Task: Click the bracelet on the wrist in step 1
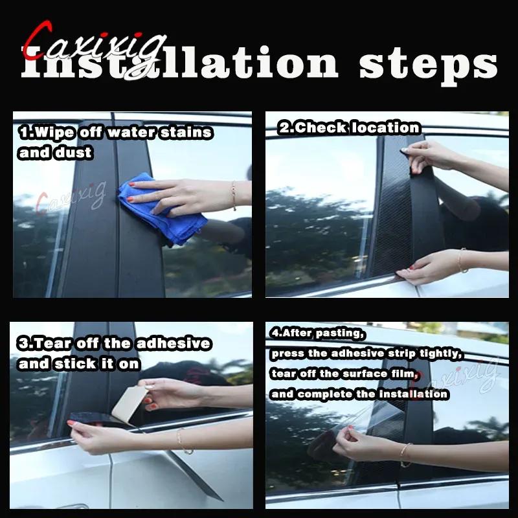tap(232, 196)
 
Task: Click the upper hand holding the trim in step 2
tap(427, 155)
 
